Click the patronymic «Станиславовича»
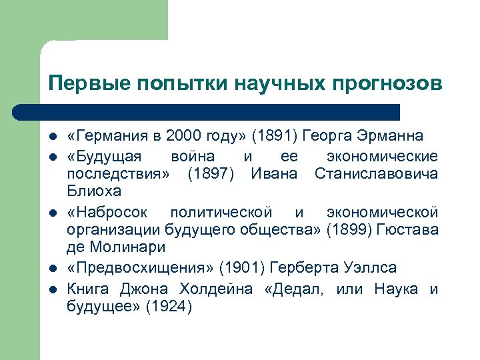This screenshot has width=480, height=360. (376, 174)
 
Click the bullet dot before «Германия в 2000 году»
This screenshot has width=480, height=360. (52, 137)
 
